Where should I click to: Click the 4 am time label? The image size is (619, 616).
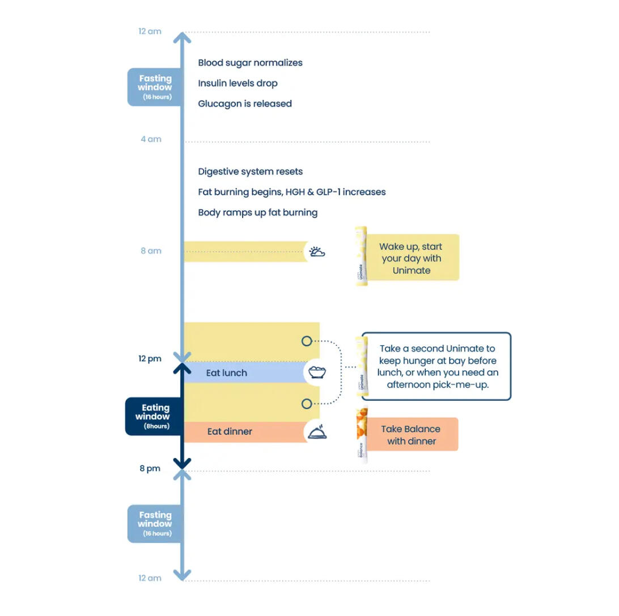[151, 139]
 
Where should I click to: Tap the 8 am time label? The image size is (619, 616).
[151, 251]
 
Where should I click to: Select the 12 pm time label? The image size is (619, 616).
[150, 358]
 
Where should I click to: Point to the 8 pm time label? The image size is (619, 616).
[150, 468]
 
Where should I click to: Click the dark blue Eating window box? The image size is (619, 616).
[154, 416]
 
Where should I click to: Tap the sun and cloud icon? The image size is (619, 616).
[317, 252]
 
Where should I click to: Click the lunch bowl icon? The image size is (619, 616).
[317, 373]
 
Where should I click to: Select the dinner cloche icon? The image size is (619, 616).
[317, 433]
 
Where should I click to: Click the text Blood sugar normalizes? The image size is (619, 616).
[250, 63]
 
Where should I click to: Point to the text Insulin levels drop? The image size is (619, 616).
[238, 83]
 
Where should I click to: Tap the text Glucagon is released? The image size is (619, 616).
[245, 104]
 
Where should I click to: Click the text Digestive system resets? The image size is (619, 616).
[250, 172]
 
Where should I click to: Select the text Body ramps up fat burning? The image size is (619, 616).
[257, 212]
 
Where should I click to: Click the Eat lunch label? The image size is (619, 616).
[226, 373]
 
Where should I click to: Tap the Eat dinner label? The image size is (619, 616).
[230, 431]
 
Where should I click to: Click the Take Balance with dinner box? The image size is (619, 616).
[411, 435]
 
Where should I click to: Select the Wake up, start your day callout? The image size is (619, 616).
[411, 258]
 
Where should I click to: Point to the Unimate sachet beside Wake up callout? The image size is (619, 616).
[361, 256]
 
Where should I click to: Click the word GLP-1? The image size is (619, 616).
[334, 192]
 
